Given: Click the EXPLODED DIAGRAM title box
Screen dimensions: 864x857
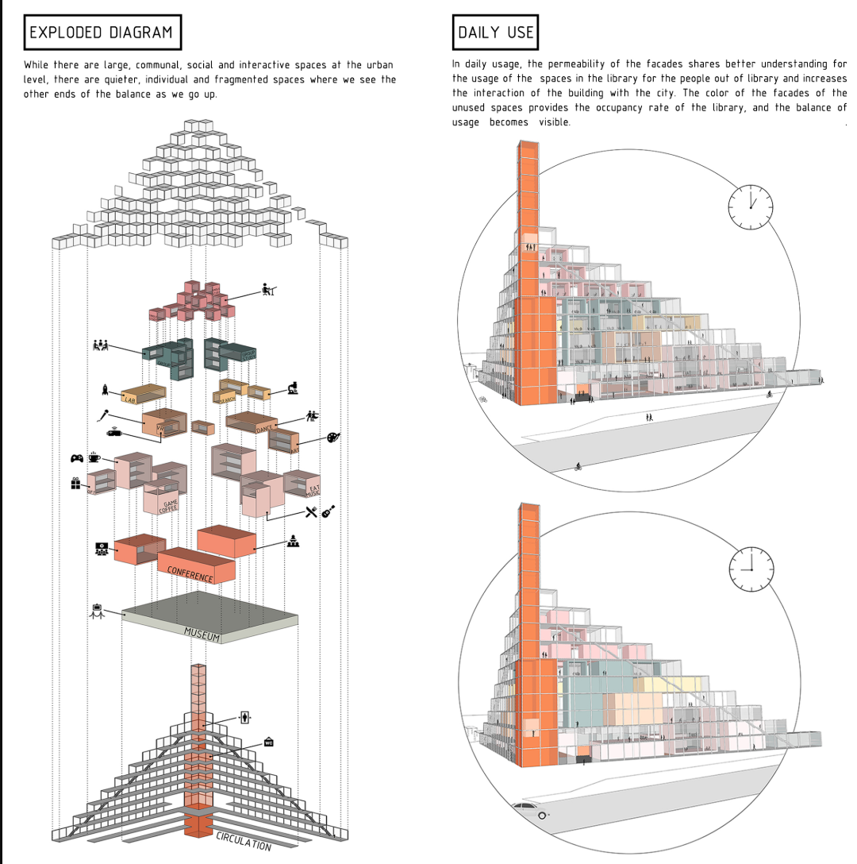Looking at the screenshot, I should point(101,33).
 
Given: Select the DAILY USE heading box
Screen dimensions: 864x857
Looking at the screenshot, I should point(495,33).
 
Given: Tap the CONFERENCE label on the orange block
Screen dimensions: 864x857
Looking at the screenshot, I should point(190,573).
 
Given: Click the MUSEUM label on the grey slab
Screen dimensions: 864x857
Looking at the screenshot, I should point(202,633).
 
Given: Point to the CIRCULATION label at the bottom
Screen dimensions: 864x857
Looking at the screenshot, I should point(243,841).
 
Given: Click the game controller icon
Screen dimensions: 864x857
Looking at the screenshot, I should point(77,458).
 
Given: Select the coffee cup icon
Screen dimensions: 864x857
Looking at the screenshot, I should point(94,457).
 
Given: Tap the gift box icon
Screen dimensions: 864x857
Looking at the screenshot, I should point(75,482).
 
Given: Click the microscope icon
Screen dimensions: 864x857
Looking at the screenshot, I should point(293,388).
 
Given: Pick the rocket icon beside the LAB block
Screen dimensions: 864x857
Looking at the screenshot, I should point(105,389).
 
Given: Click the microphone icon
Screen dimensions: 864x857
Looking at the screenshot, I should point(103,415).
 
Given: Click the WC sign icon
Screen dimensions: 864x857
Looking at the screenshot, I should point(269,742).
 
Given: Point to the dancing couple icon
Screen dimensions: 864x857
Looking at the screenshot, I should point(312,415).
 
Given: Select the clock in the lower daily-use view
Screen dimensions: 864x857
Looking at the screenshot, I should point(751,569).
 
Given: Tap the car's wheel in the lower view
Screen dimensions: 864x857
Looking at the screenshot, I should point(543,815).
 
